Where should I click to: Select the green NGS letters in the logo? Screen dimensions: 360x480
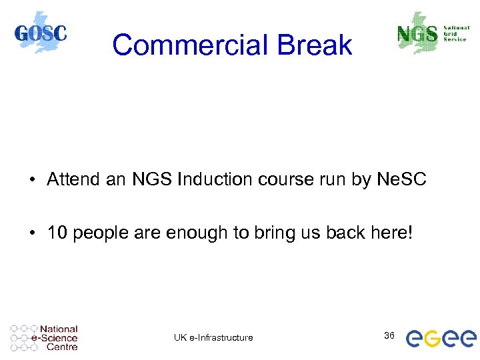coord(417,33)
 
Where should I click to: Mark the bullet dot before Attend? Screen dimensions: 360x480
coord(33,180)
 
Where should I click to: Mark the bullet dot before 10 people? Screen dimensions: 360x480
coord(33,233)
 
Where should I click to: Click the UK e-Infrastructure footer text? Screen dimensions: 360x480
coord(213,337)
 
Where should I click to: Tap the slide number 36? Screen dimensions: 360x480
coord(389,335)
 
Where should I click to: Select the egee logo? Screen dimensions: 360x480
coord(441,338)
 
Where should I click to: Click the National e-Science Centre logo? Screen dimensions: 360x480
coord(44,338)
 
